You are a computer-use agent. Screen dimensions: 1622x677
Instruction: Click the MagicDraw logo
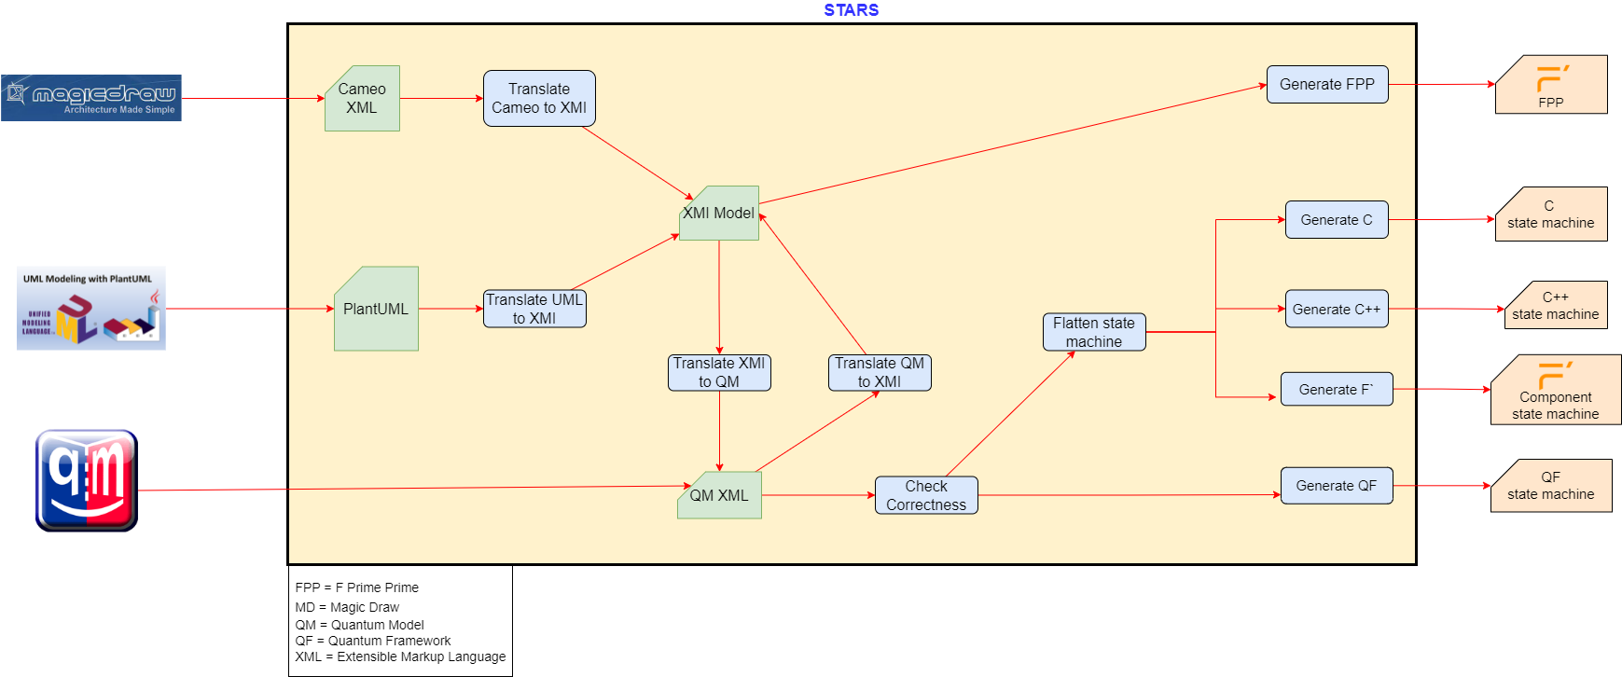[x=91, y=98]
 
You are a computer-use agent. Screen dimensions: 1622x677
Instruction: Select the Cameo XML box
[x=362, y=98]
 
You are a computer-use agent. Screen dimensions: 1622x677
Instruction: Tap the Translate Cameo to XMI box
[x=539, y=98]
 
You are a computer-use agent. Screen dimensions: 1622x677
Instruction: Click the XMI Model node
[x=719, y=213]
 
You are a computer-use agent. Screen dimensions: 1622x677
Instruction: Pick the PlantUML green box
[x=376, y=309]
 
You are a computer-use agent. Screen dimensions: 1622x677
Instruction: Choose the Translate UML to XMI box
[x=534, y=309]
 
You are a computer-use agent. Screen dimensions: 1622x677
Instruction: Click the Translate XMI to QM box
[x=719, y=372]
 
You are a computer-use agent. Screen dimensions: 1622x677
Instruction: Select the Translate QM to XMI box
[x=880, y=372]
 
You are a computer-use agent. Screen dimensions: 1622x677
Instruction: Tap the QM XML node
[x=719, y=495]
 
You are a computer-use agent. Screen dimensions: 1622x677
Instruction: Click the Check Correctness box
[x=926, y=495]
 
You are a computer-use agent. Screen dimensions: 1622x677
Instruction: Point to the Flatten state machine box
[x=1094, y=332]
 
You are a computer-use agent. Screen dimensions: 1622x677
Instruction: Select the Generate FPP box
[x=1327, y=84]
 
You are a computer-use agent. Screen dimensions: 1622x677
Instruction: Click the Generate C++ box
[x=1337, y=309]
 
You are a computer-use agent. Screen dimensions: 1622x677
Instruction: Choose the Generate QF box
[x=1337, y=486]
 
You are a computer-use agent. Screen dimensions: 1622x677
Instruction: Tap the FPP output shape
[x=1551, y=84]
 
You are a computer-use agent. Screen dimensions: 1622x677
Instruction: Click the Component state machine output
[x=1556, y=390]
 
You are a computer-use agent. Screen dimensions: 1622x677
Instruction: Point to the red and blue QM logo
[x=87, y=481]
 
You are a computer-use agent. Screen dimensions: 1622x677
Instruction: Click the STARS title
[x=852, y=10]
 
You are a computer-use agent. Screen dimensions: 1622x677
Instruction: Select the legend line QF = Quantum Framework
[x=373, y=641]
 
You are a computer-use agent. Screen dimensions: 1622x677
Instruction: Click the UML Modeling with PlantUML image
[x=91, y=309]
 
